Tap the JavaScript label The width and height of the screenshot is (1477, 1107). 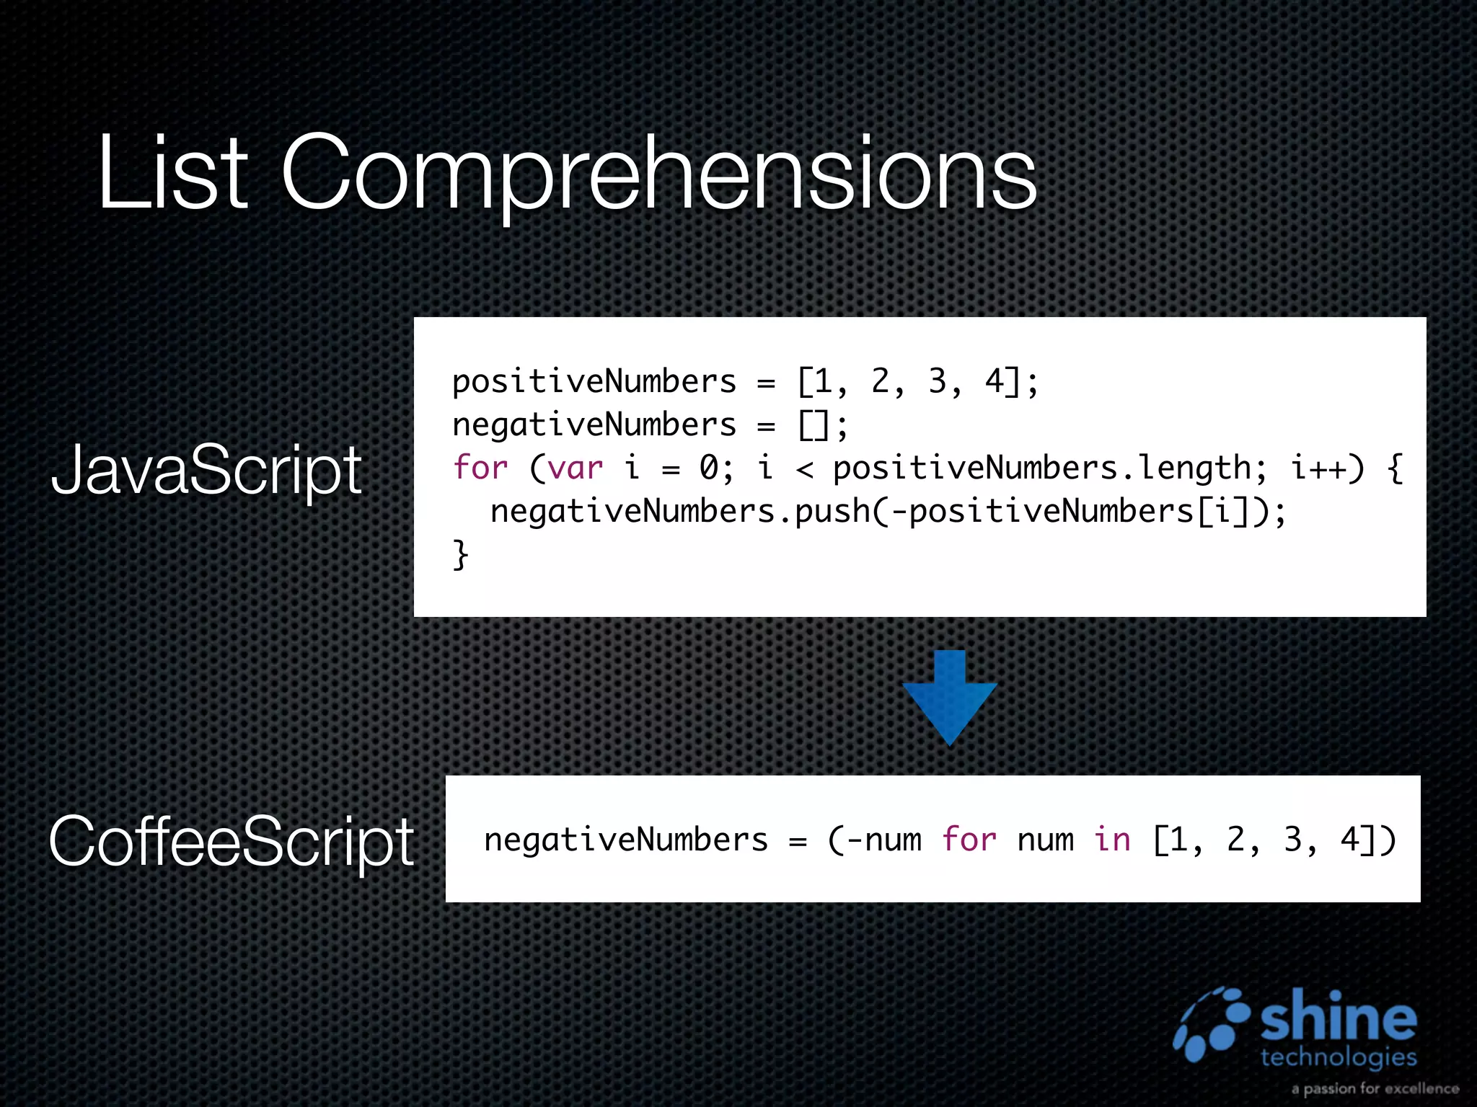pyautogui.click(x=206, y=471)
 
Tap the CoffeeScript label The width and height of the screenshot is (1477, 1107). pyautogui.click(x=231, y=841)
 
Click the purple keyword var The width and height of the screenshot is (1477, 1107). pyautogui.click(x=575, y=468)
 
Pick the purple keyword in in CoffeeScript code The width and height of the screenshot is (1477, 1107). pyautogui.click(x=1111, y=840)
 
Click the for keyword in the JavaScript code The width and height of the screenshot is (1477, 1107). pyautogui.click(x=480, y=468)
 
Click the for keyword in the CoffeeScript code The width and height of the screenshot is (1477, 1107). pyautogui.click(x=969, y=840)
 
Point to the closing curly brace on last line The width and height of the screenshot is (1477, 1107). pyautogui.click(x=460, y=555)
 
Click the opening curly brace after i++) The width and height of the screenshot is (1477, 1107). pyautogui.click(x=1395, y=468)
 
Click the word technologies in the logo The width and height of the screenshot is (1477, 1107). pyautogui.click(x=1339, y=1058)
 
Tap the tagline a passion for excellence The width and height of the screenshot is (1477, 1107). pyautogui.click(x=1375, y=1088)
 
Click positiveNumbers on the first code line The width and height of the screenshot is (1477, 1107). pyautogui.click(x=594, y=382)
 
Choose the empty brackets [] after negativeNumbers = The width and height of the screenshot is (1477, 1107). pyautogui.click(x=814, y=425)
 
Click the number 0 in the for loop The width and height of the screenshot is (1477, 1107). pyautogui.click(x=709, y=468)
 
